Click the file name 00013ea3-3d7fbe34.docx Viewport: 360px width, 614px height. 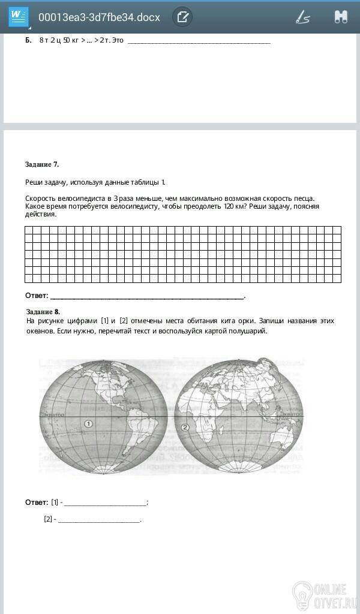[x=99, y=17]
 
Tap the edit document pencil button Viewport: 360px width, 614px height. [x=182, y=17]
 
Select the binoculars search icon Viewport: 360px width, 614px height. [x=341, y=17]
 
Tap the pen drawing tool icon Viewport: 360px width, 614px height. [x=302, y=17]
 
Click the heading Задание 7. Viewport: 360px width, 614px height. [x=42, y=164]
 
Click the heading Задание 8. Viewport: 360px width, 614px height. [x=43, y=312]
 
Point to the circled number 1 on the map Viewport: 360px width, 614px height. [x=89, y=423]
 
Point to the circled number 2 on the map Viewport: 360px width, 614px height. [x=185, y=428]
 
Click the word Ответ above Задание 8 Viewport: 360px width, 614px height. [x=36, y=296]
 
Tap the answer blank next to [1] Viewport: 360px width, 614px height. [x=105, y=502]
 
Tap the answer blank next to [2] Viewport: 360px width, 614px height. [x=99, y=519]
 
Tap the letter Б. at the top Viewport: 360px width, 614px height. [x=28, y=41]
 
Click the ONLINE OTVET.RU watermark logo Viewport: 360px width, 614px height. [x=324, y=593]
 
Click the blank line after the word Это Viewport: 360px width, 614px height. [x=199, y=41]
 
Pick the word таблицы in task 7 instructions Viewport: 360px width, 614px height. [x=147, y=182]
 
